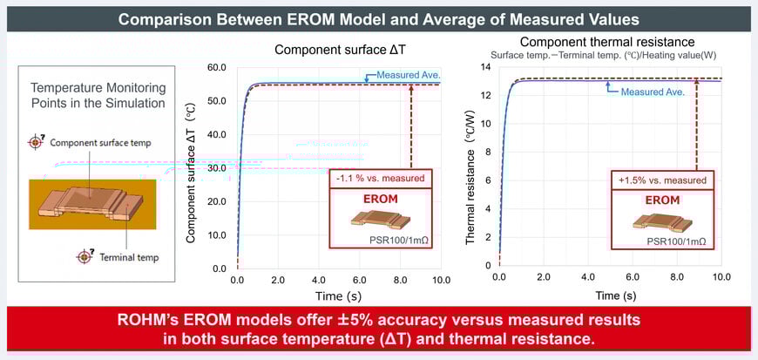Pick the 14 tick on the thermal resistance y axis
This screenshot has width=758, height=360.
487,67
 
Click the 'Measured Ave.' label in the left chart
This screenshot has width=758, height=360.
409,75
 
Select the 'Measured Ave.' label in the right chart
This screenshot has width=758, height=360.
653,91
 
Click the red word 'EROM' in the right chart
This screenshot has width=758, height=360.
663,200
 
